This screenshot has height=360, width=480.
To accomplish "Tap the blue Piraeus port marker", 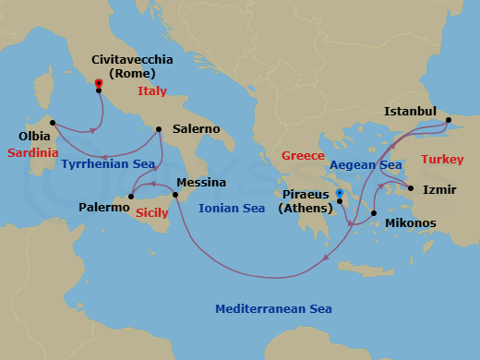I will click(340, 194).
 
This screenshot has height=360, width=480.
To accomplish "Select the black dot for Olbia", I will click(53, 123).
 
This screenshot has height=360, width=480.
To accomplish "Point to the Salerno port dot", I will click(160, 129).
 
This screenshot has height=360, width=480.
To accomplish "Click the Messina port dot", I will click(175, 195).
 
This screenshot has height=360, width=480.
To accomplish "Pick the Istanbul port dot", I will click(448, 120).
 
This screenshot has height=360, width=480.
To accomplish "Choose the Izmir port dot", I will click(409, 190).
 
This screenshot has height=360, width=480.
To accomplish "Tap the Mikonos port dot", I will click(374, 213).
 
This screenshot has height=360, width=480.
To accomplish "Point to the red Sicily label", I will click(151, 213).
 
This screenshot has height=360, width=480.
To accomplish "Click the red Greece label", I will click(303, 155).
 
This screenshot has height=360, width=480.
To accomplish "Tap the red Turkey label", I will click(442, 160).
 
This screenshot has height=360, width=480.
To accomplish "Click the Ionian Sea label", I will click(232, 209).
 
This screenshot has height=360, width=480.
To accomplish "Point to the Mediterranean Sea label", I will click(272, 309).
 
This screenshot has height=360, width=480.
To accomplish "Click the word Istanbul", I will click(411, 112).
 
